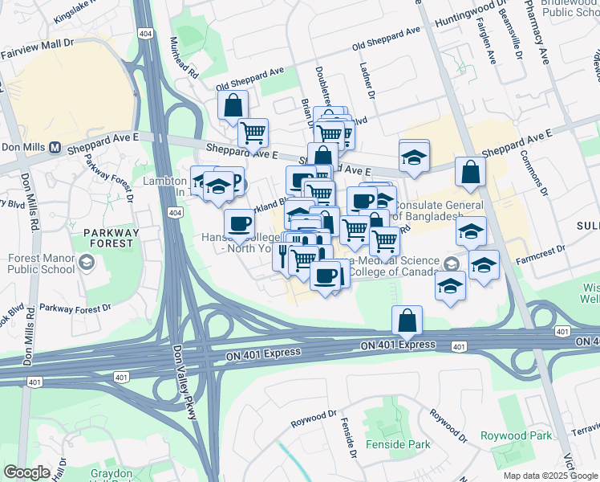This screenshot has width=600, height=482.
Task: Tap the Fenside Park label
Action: coord(397,444)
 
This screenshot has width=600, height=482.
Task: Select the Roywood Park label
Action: coord(527,435)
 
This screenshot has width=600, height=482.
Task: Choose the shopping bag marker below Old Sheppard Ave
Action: coord(233,104)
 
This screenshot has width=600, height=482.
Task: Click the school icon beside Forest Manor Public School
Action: coord(87,263)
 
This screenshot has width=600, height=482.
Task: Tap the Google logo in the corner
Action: coord(26,472)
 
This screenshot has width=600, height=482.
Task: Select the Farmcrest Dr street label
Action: coord(542,261)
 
